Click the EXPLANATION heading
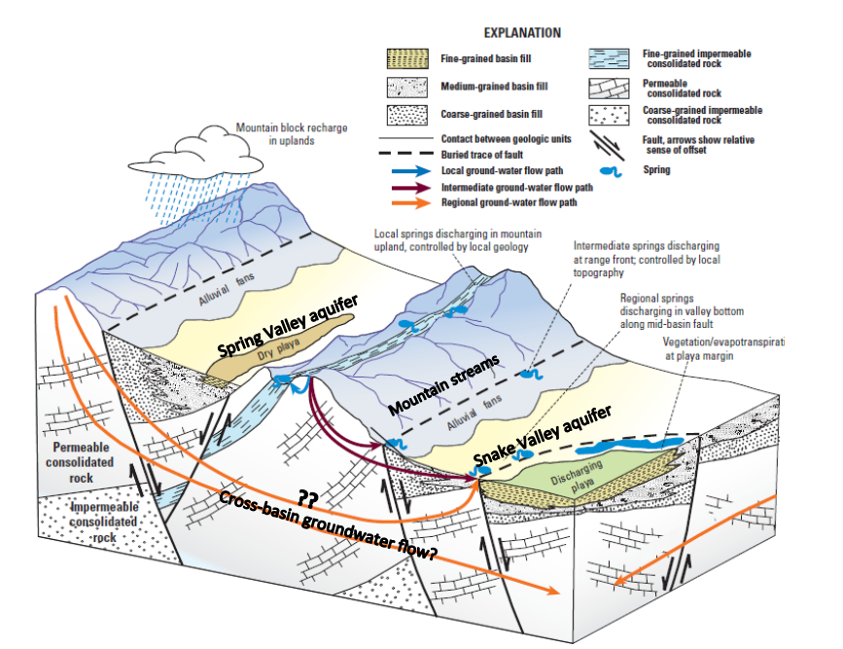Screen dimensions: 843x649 point(521,32)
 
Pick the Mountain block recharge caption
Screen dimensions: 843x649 point(293,135)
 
